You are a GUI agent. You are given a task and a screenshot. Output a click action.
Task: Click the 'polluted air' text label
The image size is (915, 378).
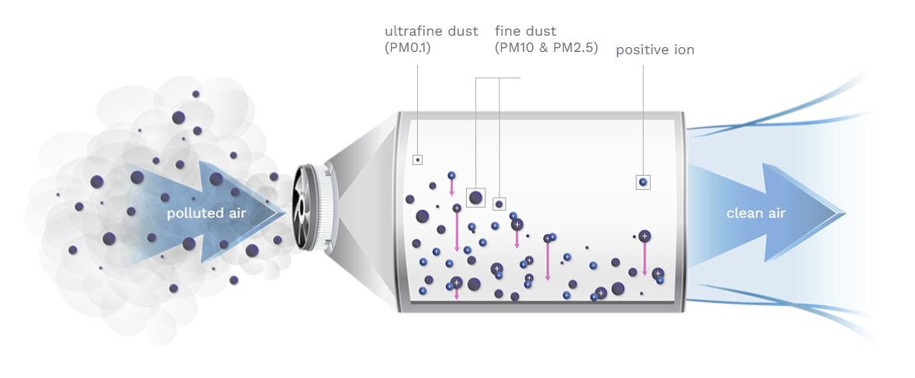207,214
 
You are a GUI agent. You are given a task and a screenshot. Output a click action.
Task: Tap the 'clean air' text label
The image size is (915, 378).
755,213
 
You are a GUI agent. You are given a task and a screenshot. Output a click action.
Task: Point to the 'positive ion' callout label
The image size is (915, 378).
655,50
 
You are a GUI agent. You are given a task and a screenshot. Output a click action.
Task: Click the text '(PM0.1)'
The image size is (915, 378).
407,49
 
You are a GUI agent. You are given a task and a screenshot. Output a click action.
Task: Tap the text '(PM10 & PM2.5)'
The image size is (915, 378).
547,49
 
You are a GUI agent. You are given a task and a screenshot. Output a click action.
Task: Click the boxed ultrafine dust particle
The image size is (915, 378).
417,160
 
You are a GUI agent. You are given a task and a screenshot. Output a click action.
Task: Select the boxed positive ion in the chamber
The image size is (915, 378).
642,182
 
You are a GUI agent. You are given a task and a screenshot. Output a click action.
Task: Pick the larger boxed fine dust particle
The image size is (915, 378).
475,198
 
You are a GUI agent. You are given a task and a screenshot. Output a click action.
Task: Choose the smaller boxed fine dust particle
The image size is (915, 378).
499,204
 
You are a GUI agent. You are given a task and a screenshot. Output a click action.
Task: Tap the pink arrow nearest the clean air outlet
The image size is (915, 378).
644,259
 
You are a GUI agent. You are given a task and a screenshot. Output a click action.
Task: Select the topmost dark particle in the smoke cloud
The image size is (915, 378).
195,94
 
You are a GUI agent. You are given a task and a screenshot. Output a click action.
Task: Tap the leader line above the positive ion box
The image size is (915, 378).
642,116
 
